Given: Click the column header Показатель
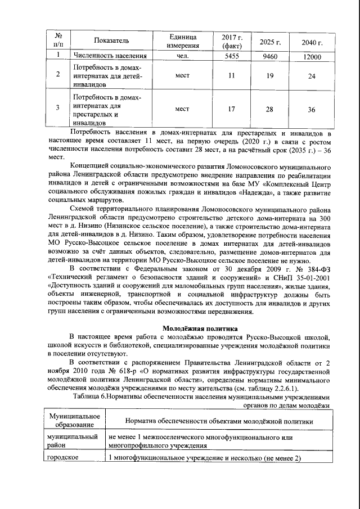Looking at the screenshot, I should click(112, 40).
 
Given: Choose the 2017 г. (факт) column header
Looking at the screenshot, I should click(232, 40).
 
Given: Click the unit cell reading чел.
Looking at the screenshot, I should click(182, 57).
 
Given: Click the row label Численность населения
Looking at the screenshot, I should click(111, 57).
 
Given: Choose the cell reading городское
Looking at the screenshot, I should click(62, 458).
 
